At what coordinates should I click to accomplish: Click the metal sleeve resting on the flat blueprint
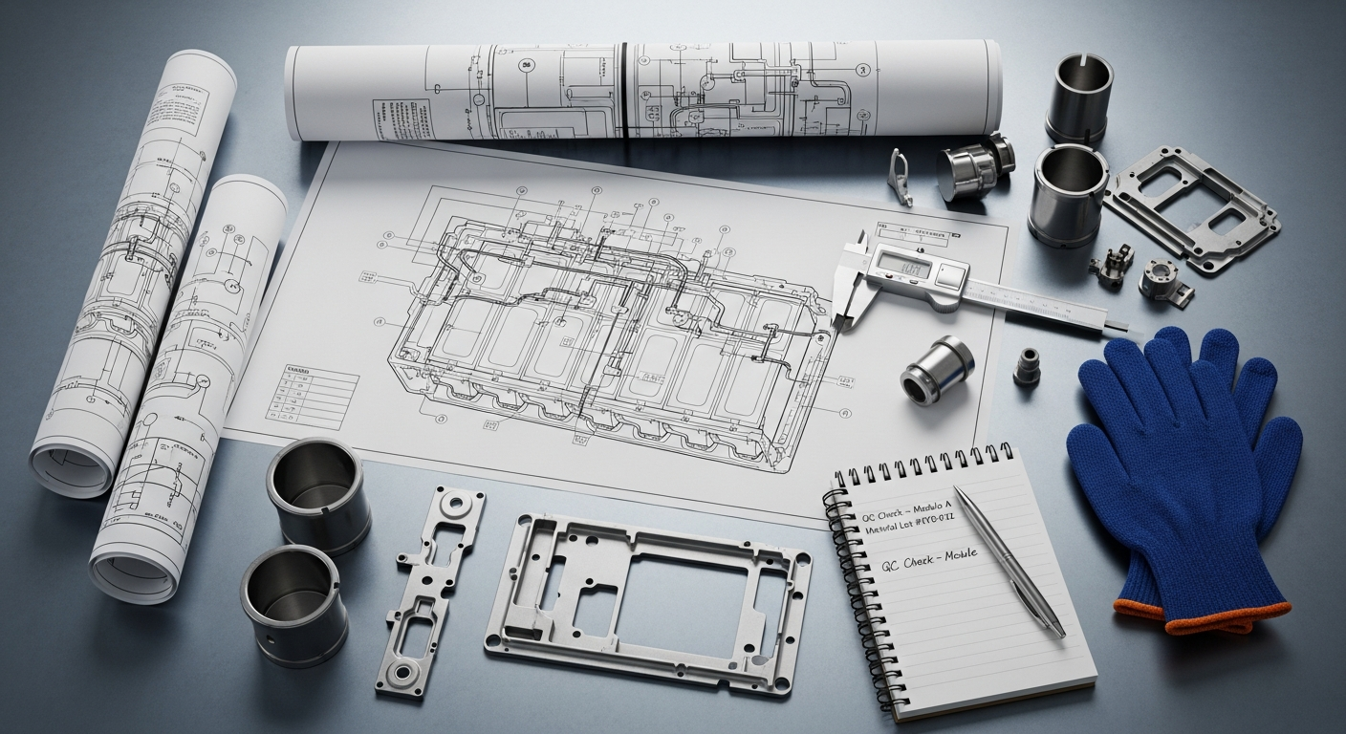pos(937,370)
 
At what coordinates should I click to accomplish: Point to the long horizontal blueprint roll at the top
pos(642,91)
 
